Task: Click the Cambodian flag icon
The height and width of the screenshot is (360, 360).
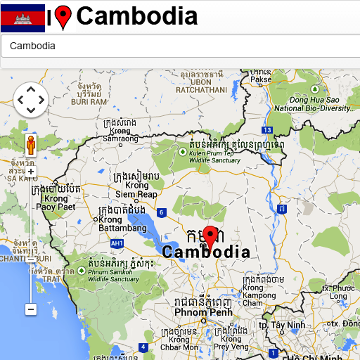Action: click(22, 18)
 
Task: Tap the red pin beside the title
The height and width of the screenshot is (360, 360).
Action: click(63, 17)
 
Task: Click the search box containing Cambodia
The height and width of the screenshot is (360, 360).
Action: click(180, 46)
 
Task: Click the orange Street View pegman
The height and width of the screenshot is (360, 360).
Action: click(30, 146)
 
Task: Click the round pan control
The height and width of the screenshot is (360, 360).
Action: click(30, 100)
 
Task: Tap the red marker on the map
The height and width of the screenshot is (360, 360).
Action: click(210, 236)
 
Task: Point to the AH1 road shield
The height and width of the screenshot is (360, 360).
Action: click(117, 243)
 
